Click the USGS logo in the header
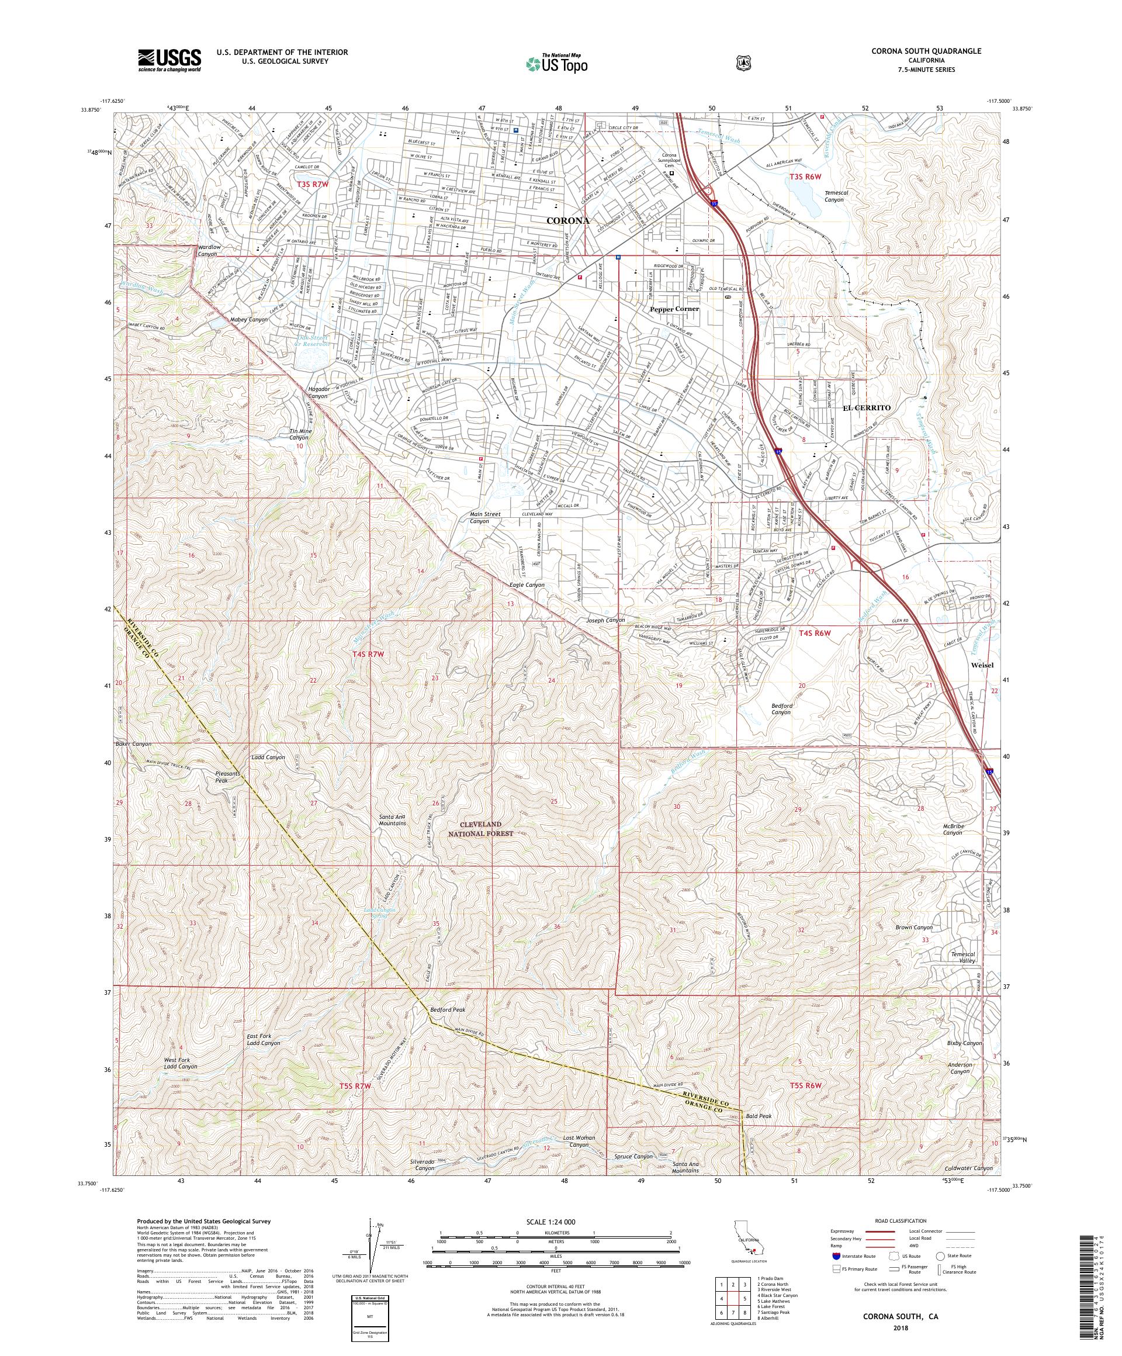[x=169, y=61]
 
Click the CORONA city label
[x=567, y=220]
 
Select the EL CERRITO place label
[x=867, y=408]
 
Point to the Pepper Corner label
[x=674, y=309]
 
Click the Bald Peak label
[x=759, y=1115]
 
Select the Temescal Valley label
[x=962, y=957]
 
